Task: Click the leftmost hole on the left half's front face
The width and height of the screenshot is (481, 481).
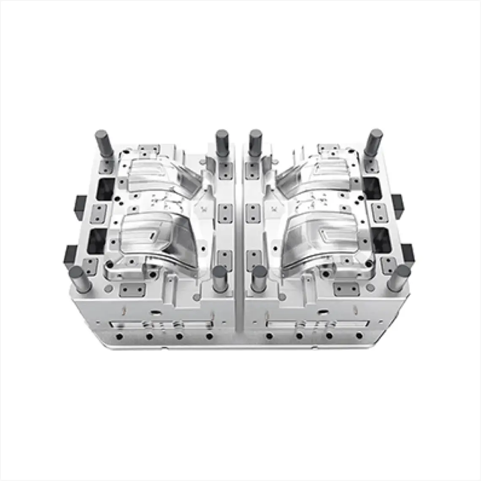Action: click(x=119, y=336)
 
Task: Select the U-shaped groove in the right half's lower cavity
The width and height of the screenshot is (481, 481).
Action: click(x=330, y=233)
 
